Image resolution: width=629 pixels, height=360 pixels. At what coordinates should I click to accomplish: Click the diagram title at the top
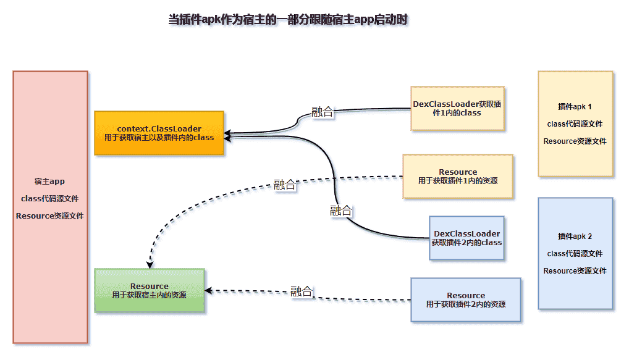[x=288, y=20]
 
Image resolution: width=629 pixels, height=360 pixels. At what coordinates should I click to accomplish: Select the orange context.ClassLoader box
[x=159, y=133]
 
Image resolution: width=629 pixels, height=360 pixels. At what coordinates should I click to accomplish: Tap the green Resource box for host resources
[x=149, y=290]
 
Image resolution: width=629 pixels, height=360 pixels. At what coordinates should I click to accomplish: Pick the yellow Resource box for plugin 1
[x=457, y=176]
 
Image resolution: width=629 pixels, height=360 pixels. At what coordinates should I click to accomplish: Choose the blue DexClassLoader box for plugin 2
[x=466, y=238]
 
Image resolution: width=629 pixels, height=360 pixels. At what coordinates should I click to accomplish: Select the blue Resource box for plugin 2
[x=465, y=299]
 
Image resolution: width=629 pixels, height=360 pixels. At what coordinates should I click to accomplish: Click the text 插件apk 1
[x=575, y=106]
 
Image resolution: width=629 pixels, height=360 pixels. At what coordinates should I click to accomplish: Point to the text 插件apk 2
[x=575, y=236]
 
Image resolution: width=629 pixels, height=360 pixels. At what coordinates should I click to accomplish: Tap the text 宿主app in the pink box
[x=49, y=182]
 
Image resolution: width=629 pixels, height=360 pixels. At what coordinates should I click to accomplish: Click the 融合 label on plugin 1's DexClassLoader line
[x=322, y=112]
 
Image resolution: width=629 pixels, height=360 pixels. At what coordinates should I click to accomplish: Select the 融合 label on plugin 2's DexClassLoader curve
[x=340, y=211]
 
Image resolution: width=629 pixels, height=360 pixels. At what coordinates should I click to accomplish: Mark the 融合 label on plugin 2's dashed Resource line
[x=301, y=291]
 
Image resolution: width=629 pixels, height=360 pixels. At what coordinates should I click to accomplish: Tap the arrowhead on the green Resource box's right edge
[x=208, y=290]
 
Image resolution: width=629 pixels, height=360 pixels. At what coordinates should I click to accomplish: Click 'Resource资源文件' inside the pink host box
[x=49, y=216]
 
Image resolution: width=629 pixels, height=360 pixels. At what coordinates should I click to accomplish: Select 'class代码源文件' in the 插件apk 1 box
[x=575, y=123]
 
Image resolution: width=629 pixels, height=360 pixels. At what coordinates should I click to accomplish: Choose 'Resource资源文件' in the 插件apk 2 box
[x=575, y=270]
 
